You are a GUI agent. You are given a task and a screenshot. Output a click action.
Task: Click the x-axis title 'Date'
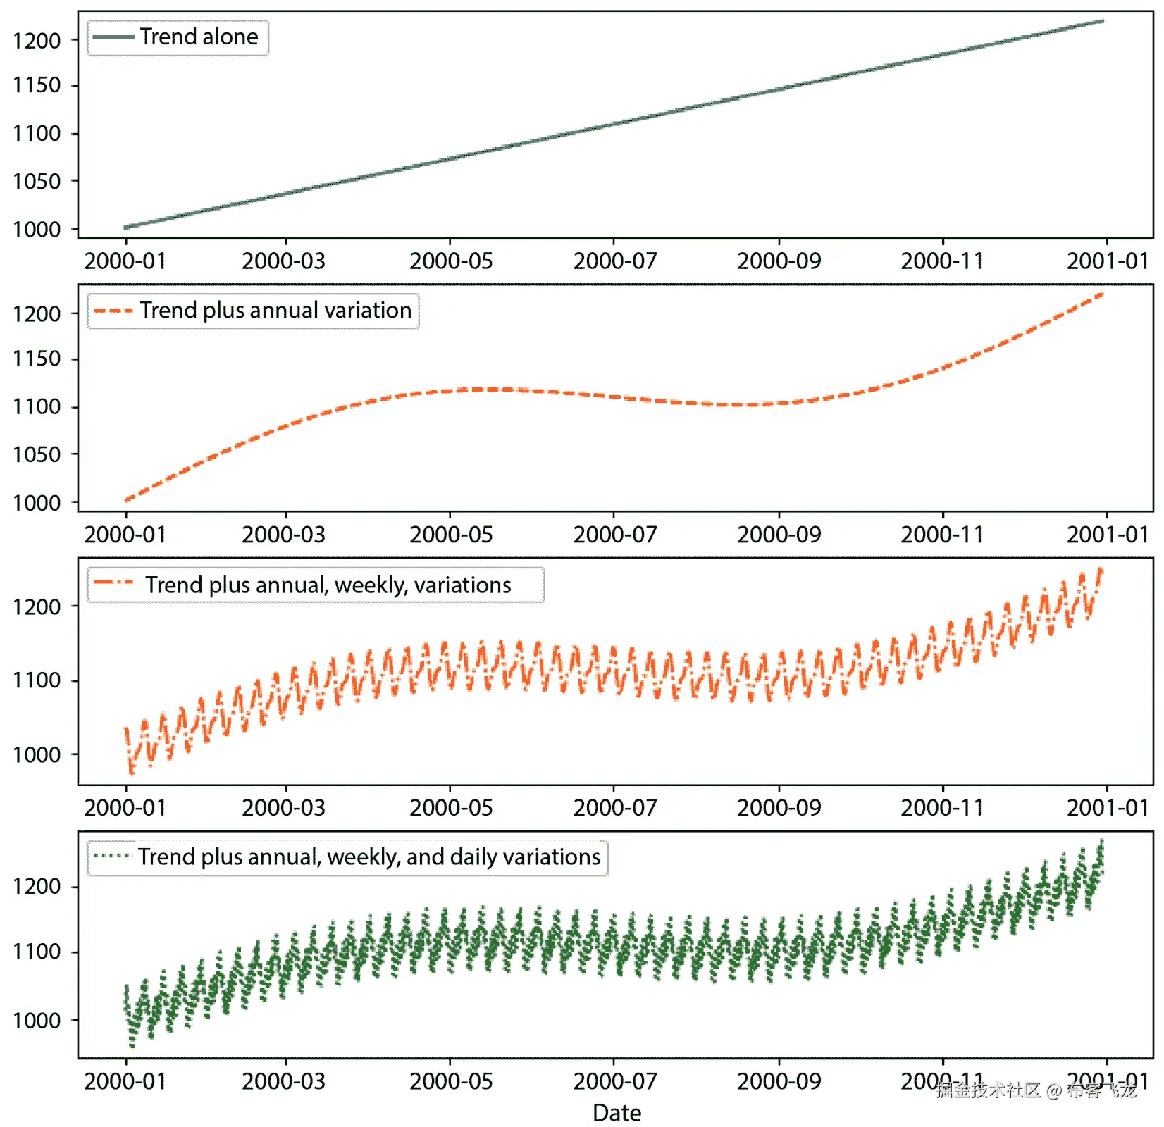[x=617, y=1113]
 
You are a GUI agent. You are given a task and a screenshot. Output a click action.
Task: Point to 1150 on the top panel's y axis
[x=37, y=85]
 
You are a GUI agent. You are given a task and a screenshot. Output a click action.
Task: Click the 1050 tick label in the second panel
[x=37, y=454]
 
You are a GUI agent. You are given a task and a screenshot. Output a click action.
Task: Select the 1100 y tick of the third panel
[x=37, y=680]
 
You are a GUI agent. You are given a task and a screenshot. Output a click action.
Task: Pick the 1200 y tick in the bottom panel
[x=37, y=886]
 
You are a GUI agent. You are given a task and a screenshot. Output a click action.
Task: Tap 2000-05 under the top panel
[x=451, y=261]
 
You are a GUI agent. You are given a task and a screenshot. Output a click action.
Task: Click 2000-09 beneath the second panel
[x=779, y=535]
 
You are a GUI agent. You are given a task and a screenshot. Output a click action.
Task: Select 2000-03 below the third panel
[x=283, y=808]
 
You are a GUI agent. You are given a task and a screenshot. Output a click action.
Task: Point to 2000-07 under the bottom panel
[x=614, y=1081]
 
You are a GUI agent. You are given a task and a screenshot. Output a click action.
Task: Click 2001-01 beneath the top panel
[x=1107, y=261]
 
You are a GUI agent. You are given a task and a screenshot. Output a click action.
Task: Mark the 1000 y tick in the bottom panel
[x=37, y=1020]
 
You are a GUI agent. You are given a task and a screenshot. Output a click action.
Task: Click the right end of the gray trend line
[x=1102, y=21]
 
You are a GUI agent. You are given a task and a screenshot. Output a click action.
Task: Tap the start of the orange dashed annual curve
[x=127, y=499]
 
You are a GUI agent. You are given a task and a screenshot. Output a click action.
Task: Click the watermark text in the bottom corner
[x=1036, y=1091]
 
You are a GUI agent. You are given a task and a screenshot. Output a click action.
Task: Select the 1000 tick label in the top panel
[x=37, y=230]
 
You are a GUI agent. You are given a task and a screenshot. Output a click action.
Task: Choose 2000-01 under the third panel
[x=125, y=808]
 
